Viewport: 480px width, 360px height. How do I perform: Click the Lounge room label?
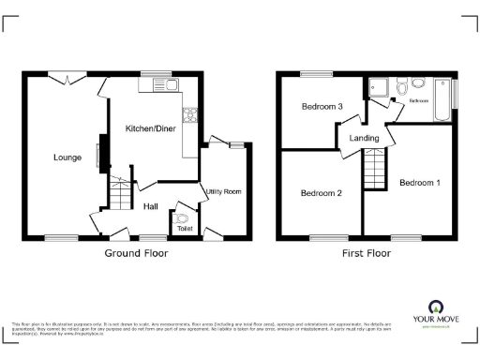[66, 157]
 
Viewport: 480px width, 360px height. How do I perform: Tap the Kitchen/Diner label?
[152, 127]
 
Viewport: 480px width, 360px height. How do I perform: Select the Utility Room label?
[224, 191]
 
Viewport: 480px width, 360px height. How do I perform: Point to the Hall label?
[150, 207]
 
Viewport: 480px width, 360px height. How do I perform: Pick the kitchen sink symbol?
[156, 86]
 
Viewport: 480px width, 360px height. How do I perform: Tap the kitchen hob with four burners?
[191, 116]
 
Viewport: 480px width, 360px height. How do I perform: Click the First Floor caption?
[367, 253]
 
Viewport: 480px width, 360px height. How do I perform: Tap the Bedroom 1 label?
[419, 183]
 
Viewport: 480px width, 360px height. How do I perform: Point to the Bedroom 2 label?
[321, 193]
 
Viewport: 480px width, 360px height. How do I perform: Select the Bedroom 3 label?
[321, 108]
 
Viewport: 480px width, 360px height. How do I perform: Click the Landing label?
[364, 138]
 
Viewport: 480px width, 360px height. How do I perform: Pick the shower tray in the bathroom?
[381, 88]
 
